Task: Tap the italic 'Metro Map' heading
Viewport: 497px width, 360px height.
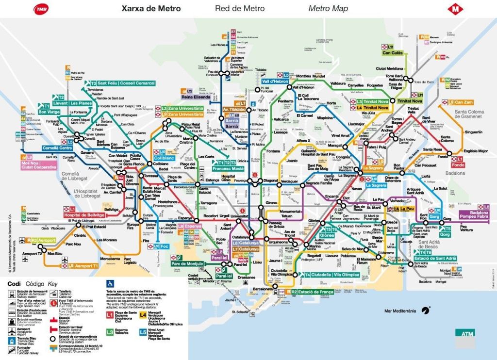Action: [328, 9]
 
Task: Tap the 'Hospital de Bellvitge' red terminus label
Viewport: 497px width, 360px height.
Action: [84, 214]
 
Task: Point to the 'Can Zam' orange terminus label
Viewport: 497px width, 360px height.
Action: [464, 102]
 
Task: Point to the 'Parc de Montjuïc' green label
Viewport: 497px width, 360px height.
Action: [187, 263]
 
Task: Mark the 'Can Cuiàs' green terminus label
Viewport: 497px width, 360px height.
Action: [393, 53]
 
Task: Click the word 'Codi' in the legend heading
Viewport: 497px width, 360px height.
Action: [14, 284]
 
